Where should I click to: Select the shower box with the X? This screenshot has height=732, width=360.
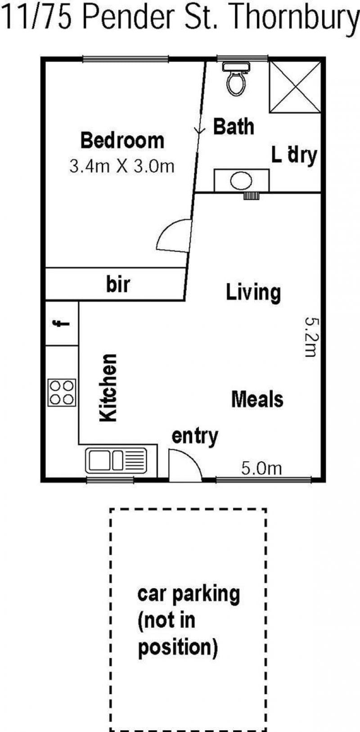295,87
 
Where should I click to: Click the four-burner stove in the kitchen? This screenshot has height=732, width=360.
62,392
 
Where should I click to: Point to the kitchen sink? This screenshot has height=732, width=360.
116,461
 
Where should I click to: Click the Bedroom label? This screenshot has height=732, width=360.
122,140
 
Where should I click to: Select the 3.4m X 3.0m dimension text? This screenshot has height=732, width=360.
121,166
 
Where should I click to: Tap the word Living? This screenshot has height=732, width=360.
253,292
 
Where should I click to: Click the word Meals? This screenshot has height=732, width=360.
257,400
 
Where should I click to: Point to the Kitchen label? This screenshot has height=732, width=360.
108,388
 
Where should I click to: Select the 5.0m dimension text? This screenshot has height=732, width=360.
261,469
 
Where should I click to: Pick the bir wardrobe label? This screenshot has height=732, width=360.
118,284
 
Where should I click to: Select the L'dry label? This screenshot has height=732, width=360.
294,155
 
